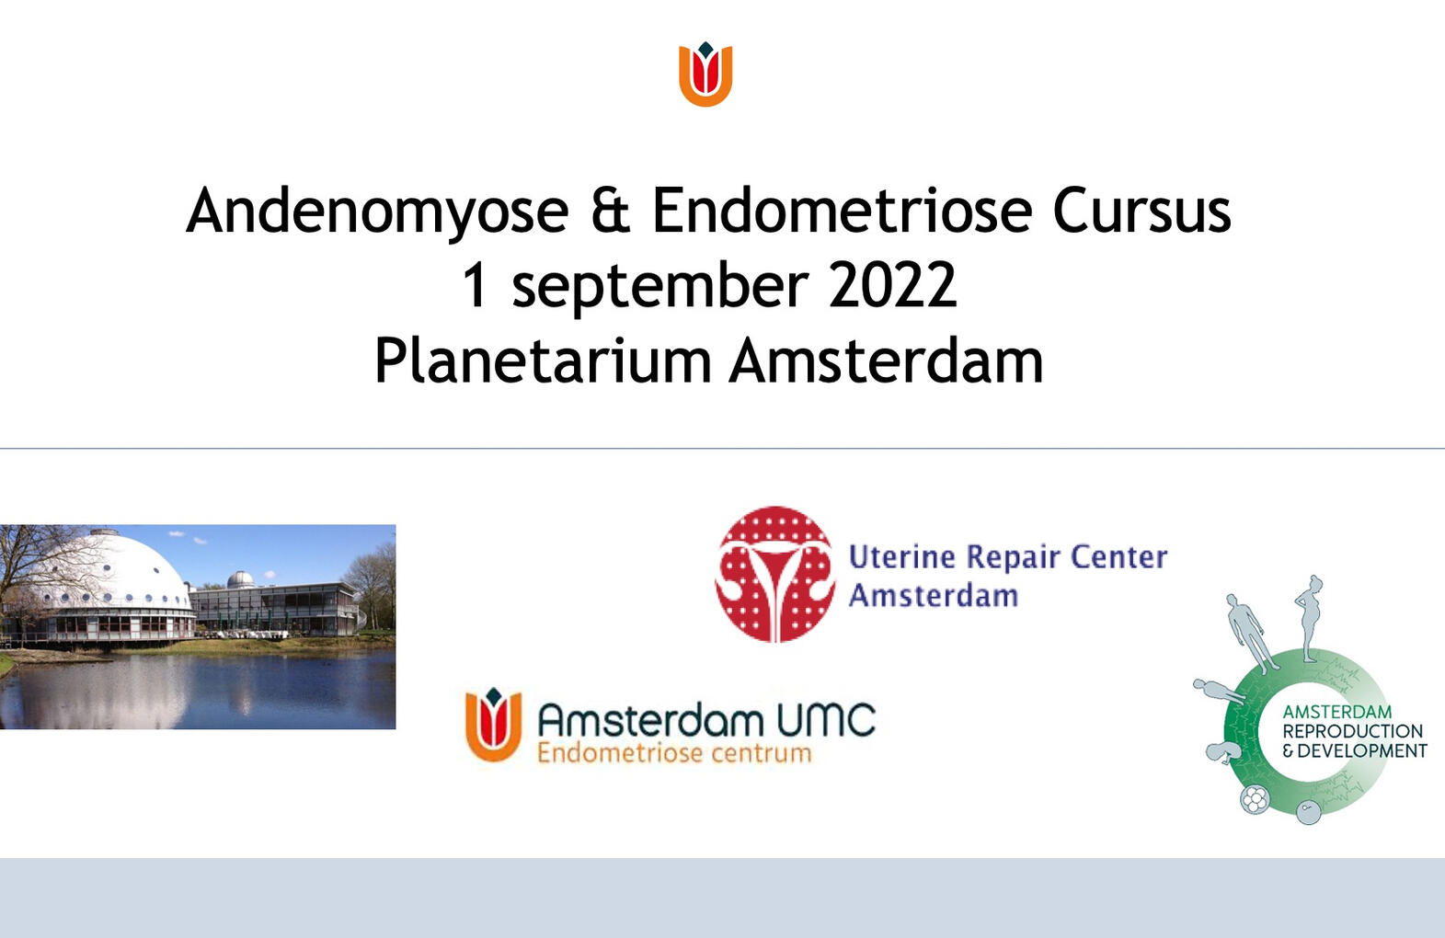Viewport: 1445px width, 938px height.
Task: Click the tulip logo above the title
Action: point(705,74)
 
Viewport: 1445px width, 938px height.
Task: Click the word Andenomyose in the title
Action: point(377,212)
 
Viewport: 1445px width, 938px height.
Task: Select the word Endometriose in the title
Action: point(843,212)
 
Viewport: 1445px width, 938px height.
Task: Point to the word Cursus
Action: point(1141,212)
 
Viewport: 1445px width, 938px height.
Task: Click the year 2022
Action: point(892,285)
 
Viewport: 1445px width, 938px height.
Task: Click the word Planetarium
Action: point(543,360)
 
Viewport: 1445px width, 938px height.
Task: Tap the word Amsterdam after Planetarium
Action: point(887,360)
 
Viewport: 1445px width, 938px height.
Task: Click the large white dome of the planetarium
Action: point(110,570)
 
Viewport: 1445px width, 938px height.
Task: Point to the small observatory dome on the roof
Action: point(240,580)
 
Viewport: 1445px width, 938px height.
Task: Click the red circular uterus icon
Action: point(775,574)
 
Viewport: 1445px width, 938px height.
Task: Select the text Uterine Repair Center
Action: point(1007,556)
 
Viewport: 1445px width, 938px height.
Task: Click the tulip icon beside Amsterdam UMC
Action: point(494,724)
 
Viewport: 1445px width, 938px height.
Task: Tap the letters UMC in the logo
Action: point(825,720)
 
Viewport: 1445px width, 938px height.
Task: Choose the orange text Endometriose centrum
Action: point(674,754)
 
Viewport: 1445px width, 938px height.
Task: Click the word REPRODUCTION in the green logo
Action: point(1352,731)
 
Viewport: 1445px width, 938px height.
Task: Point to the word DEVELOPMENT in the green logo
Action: point(1361,750)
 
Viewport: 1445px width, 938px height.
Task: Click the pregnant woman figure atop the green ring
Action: point(1310,616)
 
